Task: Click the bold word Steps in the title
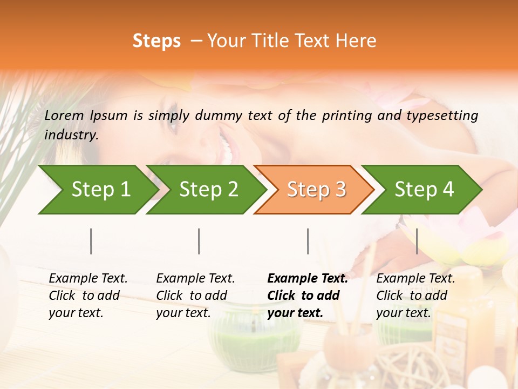(x=156, y=41)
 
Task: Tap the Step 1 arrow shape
(x=97, y=190)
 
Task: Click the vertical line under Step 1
(x=91, y=241)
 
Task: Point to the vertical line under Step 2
(x=199, y=241)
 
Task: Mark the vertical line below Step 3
(x=308, y=241)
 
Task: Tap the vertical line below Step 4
(x=417, y=241)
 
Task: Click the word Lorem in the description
(x=64, y=115)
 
